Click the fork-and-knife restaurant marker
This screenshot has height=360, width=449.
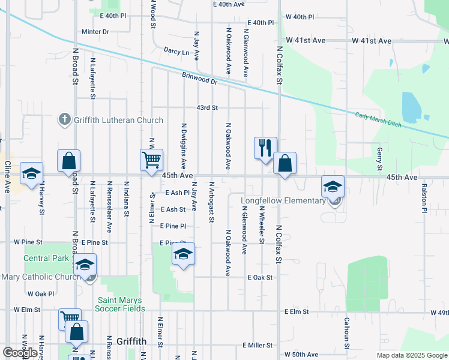click(265, 148)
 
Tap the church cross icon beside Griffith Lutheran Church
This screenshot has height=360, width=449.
click(65, 119)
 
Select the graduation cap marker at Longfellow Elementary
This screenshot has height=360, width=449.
click(333, 187)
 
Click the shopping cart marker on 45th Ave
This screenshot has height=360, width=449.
click(151, 160)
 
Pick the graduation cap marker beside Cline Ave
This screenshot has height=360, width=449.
click(31, 174)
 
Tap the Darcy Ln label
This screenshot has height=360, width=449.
click(178, 52)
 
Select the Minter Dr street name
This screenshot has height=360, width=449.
click(95, 31)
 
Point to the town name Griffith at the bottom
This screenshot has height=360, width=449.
click(131, 341)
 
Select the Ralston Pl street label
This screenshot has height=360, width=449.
click(423, 198)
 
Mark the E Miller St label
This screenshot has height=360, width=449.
click(258, 346)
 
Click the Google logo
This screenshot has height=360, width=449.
click(20, 353)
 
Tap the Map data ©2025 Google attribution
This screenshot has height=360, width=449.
click(411, 355)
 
